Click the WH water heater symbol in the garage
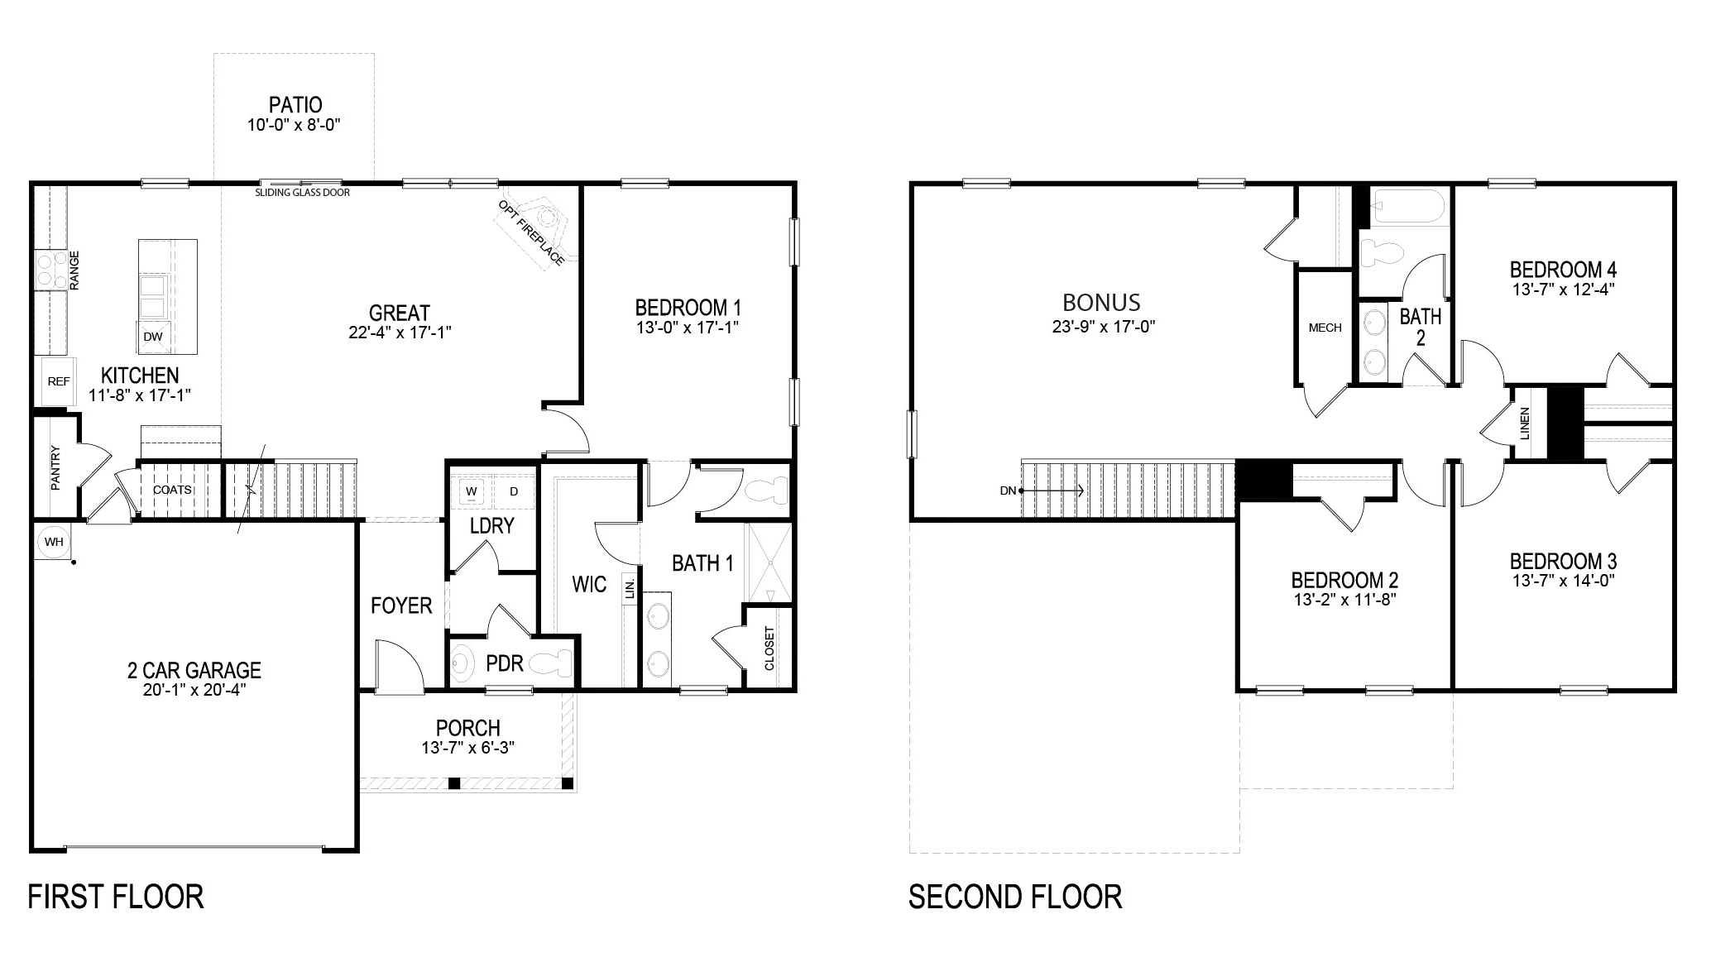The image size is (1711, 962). (x=54, y=542)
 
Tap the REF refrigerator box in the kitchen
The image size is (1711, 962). (x=59, y=381)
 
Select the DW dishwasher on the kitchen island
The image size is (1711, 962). (x=152, y=337)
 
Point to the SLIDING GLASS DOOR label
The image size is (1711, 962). (x=302, y=193)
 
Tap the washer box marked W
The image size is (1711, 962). (x=472, y=491)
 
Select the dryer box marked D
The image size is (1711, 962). (x=514, y=491)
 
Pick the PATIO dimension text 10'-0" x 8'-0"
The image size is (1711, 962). (x=295, y=125)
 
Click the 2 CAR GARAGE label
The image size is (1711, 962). (x=194, y=670)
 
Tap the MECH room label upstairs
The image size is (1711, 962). (x=1325, y=328)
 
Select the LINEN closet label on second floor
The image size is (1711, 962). (x=1525, y=423)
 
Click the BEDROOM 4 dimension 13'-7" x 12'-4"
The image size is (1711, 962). (x=1563, y=289)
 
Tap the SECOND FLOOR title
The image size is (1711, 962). (x=1015, y=897)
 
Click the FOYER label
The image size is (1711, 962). (x=401, y=605)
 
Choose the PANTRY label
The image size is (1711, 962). (x=55, y=467)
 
